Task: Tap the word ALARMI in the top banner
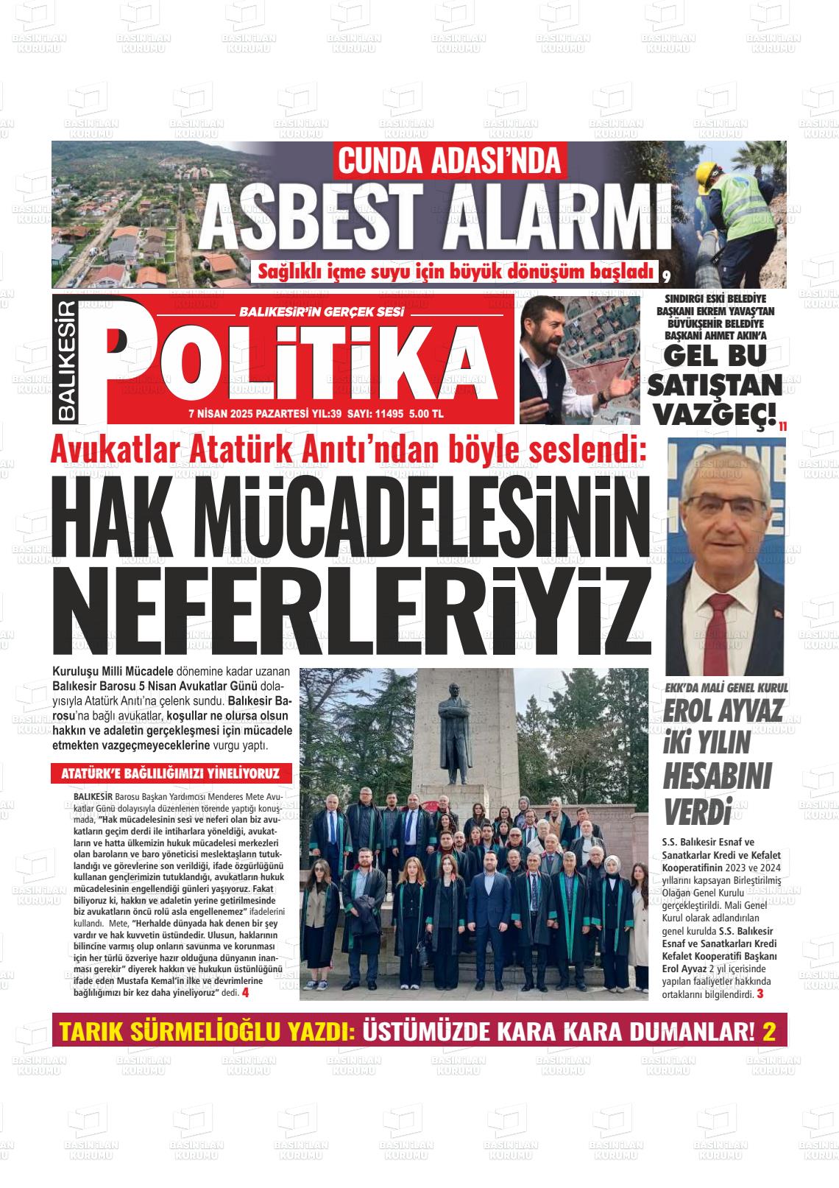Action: [549, 217]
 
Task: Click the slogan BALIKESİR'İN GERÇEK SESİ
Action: [322, 312]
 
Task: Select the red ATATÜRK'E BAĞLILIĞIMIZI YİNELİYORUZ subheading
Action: [171, 774]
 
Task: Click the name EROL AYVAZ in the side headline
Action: [712, 710]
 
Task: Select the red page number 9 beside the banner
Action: [665, 277]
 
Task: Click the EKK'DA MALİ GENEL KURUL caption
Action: [726, 686]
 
